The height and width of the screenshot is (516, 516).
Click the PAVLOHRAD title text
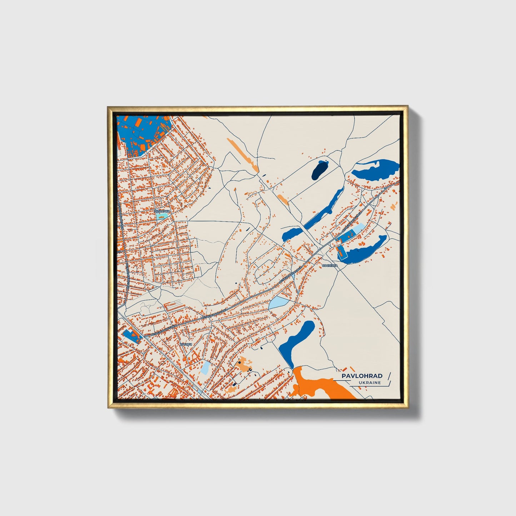[x=362, y=376]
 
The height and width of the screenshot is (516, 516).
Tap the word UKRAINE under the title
[x=370, y=383]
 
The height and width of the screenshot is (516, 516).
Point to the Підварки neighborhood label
[x=162, y=211]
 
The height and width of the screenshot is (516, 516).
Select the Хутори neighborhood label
[x=185, y=344]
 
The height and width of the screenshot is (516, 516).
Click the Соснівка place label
[x=329, y=266]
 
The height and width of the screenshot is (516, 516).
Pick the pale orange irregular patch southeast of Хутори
[x=244, y=364]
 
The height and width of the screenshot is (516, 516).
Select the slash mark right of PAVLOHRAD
[x=389, y=376]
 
